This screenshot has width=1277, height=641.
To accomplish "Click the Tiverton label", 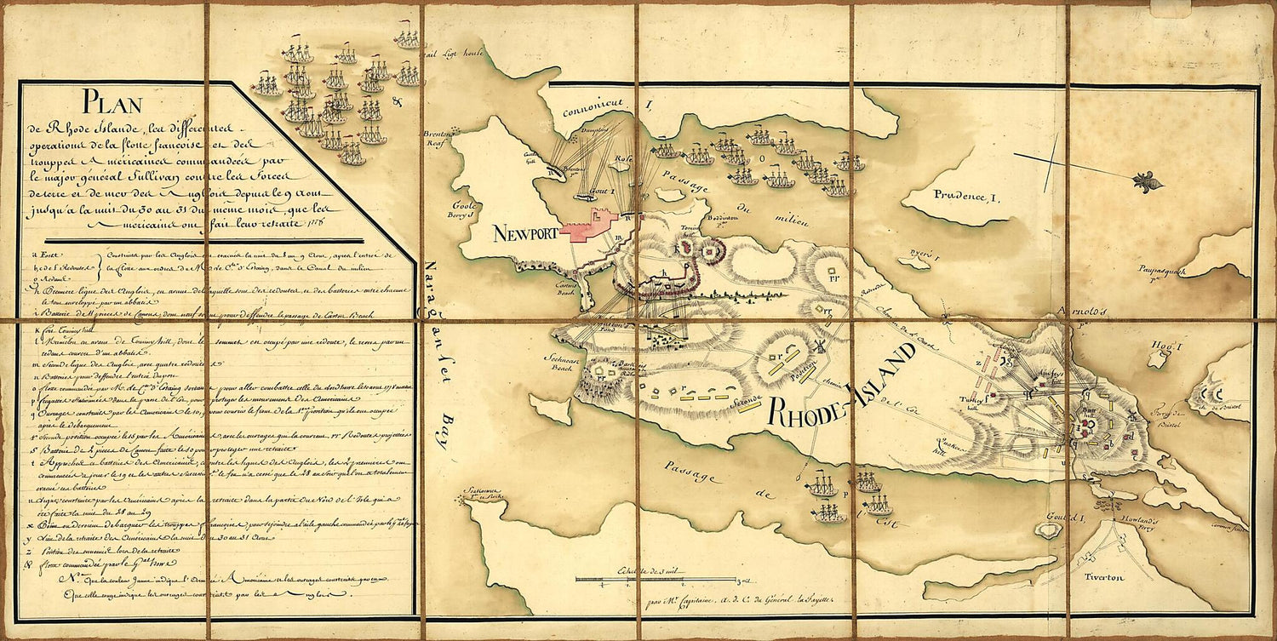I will pos(1105,577).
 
